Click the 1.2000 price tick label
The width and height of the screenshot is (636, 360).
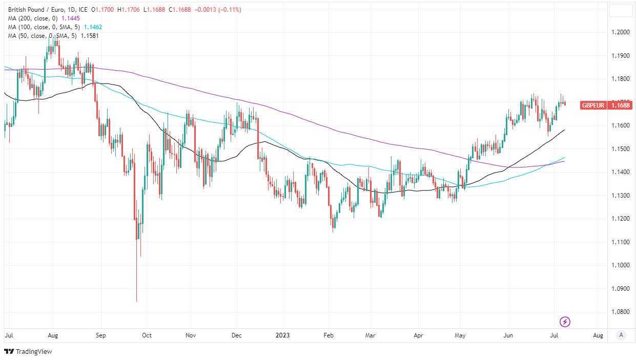click(x=621, y=32)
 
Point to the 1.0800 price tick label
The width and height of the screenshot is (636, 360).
click(x=621, y=312)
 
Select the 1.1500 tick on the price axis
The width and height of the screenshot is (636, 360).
click(x=621, y=149)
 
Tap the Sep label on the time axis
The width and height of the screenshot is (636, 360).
click(x=100, y=335)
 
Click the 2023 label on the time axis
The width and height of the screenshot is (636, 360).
click(x=282, y=335)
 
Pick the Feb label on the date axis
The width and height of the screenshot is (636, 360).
click(x=329, y=335)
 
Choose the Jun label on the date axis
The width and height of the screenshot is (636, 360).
click(x=508, y=335)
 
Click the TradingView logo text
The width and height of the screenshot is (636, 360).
click(x=33, y=352)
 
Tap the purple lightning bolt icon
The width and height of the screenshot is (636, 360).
click(x=565, y=322)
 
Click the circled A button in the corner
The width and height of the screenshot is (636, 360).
click(x=621, y=335)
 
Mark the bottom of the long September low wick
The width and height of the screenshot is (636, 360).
click(x=136, y=302)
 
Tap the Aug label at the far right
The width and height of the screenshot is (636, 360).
click(x=598, y=335)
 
